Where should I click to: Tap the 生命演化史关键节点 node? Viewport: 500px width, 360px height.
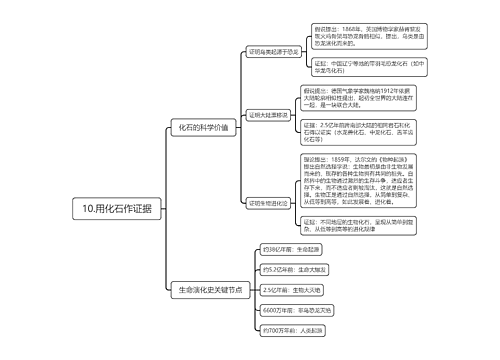207,289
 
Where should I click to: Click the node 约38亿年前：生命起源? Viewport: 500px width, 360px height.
293,249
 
